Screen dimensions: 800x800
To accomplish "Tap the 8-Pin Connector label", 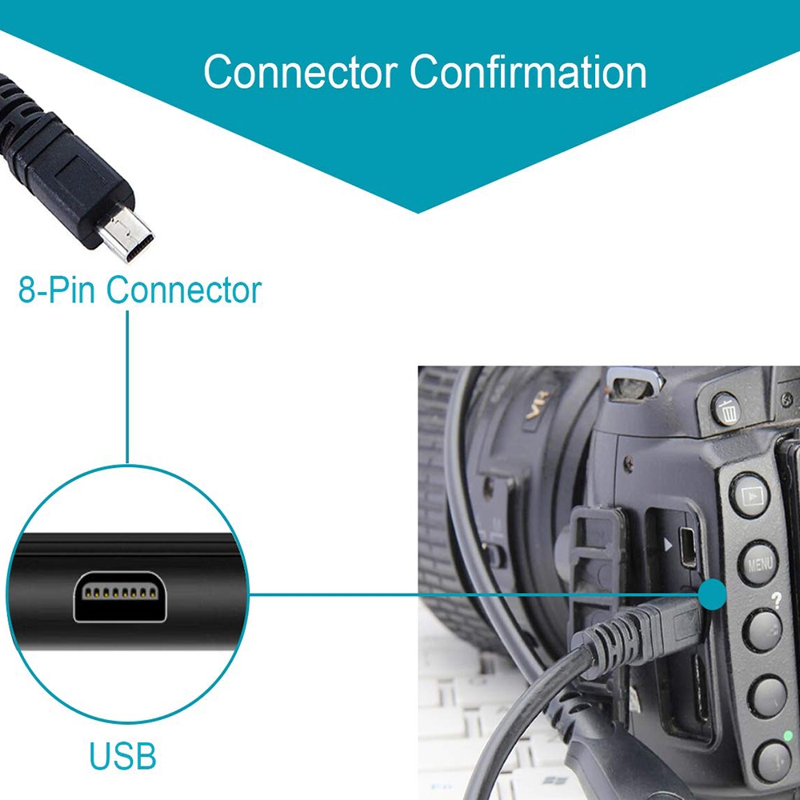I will (139, 290).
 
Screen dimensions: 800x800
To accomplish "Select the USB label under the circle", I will (122, 755).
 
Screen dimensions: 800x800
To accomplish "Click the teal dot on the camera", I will (711, 594).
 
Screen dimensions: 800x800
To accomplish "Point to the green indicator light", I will (788, 735).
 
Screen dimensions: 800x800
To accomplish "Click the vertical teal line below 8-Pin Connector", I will (127, 384).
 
